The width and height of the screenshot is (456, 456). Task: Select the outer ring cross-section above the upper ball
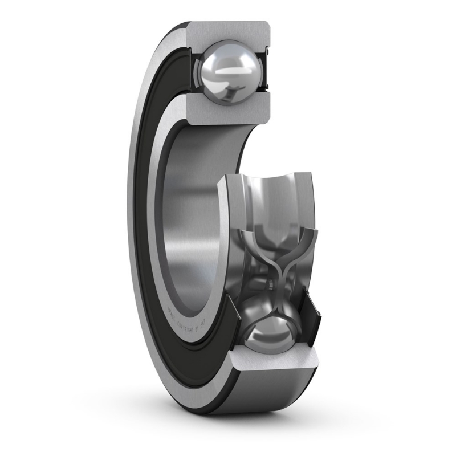coord(228,32)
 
